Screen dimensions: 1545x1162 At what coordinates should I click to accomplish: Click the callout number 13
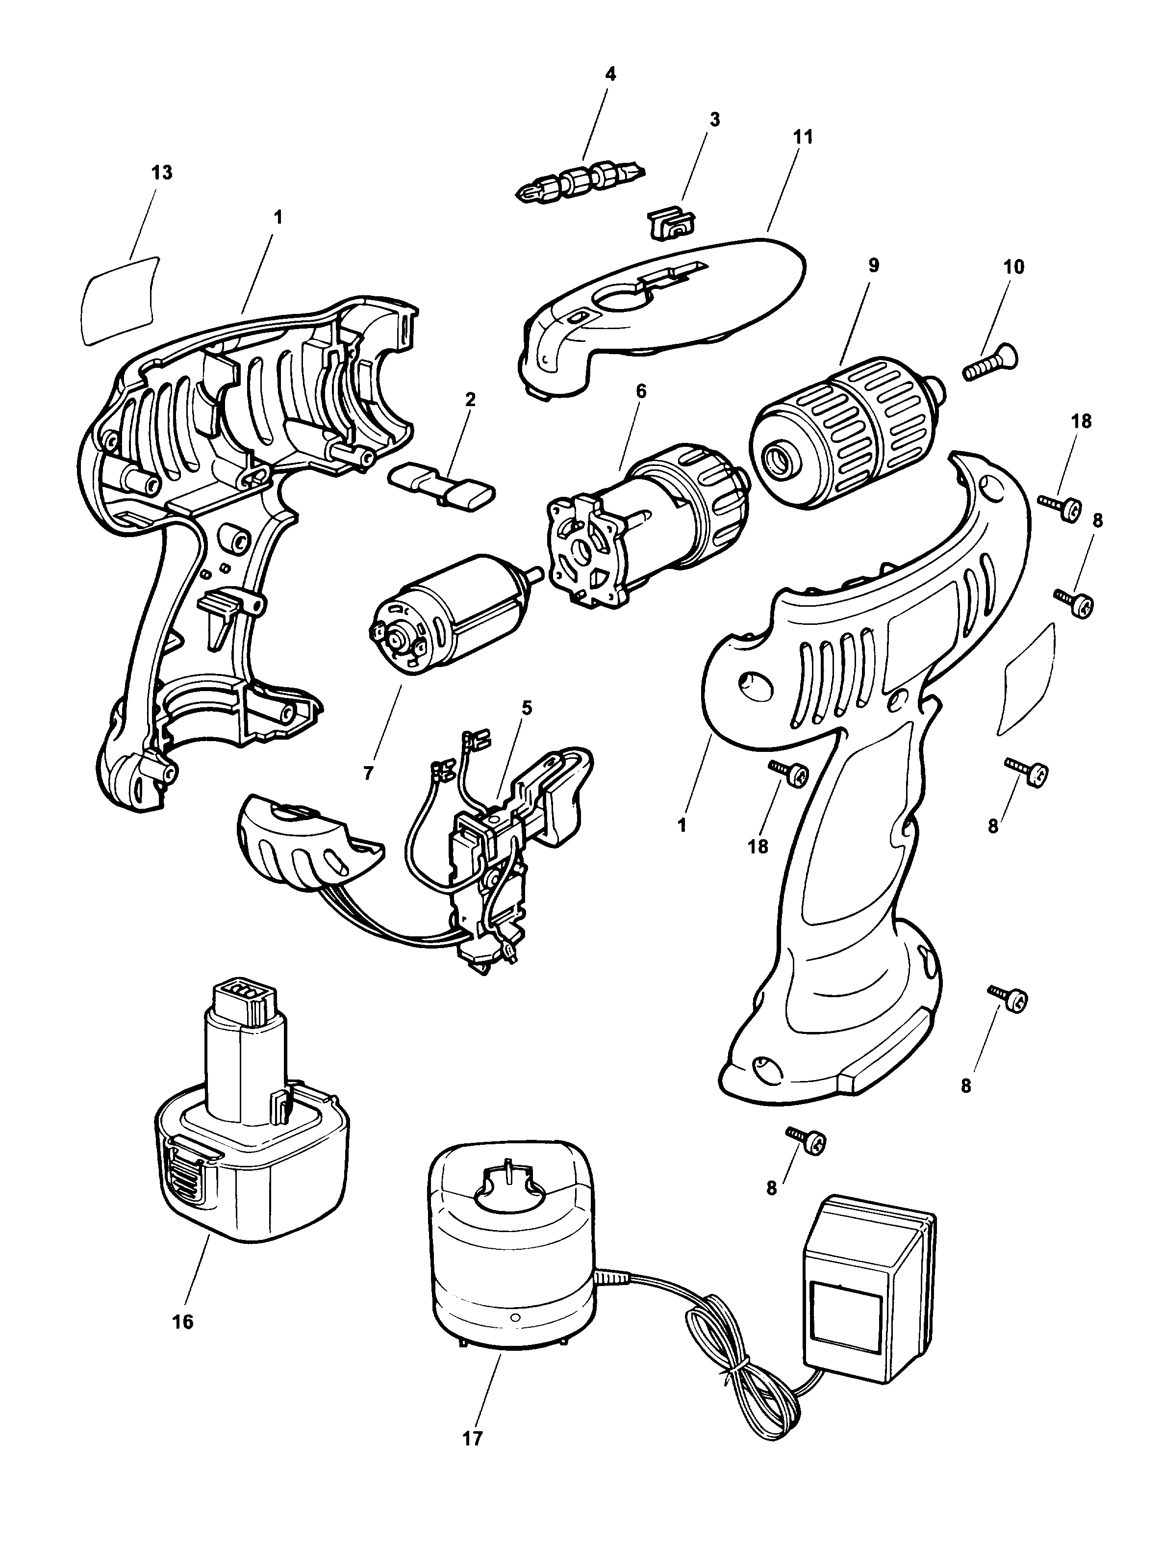[x=162, y=173]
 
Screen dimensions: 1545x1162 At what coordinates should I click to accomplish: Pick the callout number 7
[x=369, y=772]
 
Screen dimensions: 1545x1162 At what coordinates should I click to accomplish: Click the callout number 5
[x=527, y=708]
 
